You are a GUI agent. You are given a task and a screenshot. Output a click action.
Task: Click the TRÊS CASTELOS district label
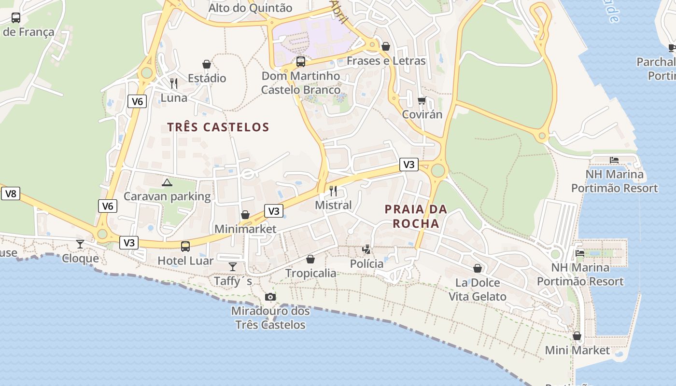click(218, 127)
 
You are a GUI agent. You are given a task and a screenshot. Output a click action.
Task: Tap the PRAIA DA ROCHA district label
click(416, 216)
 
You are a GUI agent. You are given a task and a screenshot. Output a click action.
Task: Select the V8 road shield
click(10, 194)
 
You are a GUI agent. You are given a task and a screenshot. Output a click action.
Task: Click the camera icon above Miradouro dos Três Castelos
click(270, 297)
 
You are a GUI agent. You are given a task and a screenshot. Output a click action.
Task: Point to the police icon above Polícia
click(367, 249)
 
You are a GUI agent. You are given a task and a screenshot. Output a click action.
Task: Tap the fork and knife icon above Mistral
click(333, 191)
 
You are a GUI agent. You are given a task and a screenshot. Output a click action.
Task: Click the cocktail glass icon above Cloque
click(80, 244)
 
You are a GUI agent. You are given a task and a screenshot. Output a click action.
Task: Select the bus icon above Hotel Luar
click(185, 247)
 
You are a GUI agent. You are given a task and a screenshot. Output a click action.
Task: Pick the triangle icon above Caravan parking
click(167, 182)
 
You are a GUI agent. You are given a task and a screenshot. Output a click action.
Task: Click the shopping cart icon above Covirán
click(422, 100)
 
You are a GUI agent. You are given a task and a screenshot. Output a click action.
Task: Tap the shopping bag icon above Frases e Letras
click(386, 46)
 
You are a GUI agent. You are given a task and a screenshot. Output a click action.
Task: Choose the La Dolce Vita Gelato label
click(478, 289)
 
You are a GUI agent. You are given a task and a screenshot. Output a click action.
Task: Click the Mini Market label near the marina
click(577, 350)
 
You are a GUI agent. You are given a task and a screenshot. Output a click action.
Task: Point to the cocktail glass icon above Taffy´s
click(233, 267)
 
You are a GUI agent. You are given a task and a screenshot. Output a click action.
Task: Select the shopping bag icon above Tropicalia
click(310, 259)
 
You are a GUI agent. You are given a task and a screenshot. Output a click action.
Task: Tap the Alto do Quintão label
click(250, 8)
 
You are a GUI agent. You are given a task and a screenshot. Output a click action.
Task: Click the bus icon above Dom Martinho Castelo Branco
click(301, 62)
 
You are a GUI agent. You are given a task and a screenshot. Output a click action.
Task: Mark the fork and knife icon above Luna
click(174, 83)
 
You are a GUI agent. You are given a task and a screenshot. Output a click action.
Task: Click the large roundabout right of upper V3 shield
click(438, 170)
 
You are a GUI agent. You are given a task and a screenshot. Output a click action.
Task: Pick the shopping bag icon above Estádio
click(207, 64)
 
